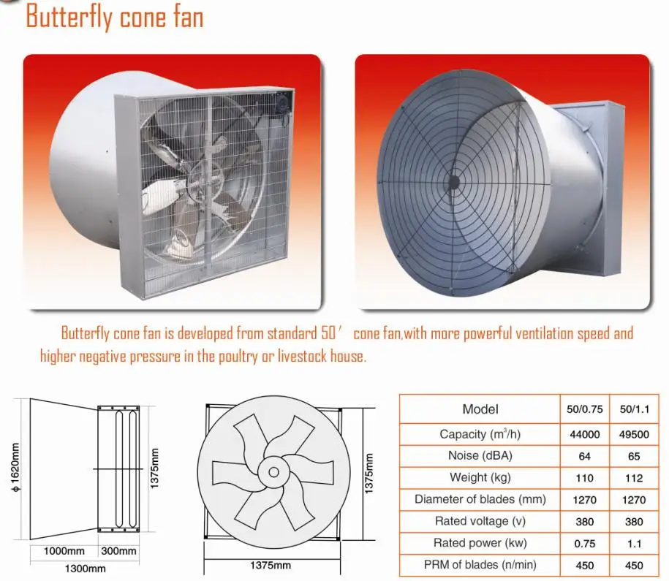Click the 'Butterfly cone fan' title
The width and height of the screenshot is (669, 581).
click(x=114, y=17)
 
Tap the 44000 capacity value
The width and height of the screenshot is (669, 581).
click(x=584, y=435)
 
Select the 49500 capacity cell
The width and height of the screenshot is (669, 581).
click(x=634, y=435)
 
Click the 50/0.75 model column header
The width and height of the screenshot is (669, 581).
click(x=584, y=409)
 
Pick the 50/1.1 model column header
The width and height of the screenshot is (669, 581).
click(x=635, y=409)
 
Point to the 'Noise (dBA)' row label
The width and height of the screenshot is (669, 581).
click(x=480, y=456)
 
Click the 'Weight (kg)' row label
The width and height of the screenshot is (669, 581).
click(x=480, y=478)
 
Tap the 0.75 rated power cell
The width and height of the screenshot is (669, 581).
click(x=584, y=544)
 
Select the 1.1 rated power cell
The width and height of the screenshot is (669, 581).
click(x=634, y=544)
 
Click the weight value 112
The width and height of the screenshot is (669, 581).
click(x=634, y=478)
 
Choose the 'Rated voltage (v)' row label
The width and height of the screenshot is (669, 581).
click(x=480, y=521)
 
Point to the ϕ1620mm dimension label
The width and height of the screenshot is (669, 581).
click(x=15, y=467)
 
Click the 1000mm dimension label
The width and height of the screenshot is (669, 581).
click(x=64, y=551)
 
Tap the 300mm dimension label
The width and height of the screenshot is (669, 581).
click(x=118, y=551)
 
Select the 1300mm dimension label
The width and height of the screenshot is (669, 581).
click(x=86, y=569)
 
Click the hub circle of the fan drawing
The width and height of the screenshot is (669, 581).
click(x=274, y=472)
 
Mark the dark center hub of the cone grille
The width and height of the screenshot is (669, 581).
click(x=453, y=182)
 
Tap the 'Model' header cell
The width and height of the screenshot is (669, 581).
click(x=480, y=409)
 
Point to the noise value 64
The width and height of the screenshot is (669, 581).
click(x=584, y=457)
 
